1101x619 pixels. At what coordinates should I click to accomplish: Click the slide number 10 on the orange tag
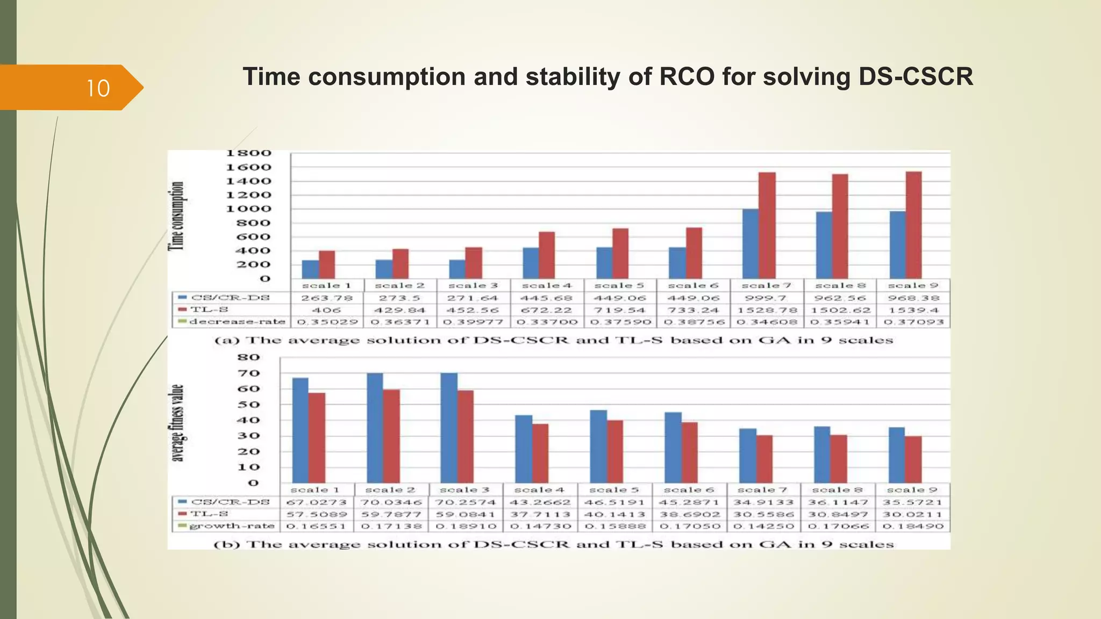tap(98, 88)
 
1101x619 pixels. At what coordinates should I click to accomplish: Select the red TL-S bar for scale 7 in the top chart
tap(767, 226)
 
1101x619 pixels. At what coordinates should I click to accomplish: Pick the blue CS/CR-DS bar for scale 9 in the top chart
tap(897, 245)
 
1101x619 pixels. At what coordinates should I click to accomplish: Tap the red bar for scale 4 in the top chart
tap(547, 255)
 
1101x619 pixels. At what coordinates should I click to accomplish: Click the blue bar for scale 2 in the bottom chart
tap(375, 428)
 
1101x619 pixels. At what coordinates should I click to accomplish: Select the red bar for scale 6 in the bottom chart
tap(689, 452)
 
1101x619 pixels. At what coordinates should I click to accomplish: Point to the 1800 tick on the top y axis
tap(248, 154)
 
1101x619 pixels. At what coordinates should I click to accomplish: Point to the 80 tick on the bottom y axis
tap(248, 357)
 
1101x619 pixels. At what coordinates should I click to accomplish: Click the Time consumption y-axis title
tap(177, 216)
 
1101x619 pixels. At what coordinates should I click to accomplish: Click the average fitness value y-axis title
tap(177, 423)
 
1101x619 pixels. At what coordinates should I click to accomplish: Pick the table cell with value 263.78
tap(327, 298)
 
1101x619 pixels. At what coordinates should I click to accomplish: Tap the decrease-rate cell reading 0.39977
tap(473, 322)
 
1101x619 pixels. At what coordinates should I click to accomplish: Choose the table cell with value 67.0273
tap(316, 502)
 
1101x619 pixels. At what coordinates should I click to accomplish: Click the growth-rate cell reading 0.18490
tap(913, 526)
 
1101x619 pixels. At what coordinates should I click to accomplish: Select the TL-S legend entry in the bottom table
tap(210, 514)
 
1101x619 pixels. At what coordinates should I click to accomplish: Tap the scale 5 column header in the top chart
tap(619, 285)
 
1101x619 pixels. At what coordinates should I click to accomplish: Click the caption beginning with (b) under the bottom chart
tap(554, 544)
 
